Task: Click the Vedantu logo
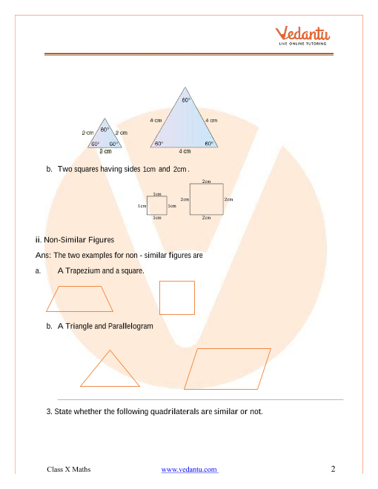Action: click(x=302, y=36)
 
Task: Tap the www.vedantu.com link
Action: click(x=190, y=469)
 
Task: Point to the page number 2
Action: click(x=333, y=469)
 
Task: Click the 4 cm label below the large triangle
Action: click(x=185, y=151)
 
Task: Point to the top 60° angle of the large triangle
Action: click(x=186, y=100)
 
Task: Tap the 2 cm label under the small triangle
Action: click(x=105, y=151)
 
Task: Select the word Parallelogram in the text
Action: click(x=130, y=326)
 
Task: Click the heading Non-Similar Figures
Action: click(x=79, y=240)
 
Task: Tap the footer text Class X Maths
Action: click(x=69, y=469)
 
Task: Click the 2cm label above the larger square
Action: click(x=207, y=181)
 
